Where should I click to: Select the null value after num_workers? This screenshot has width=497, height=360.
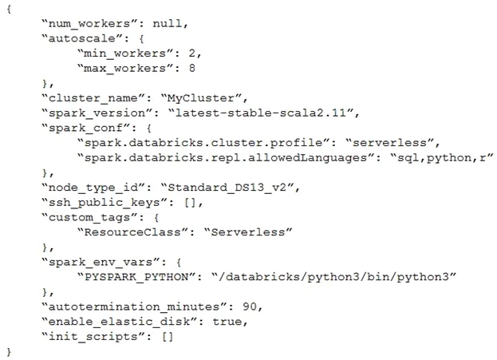pyautogui.click(x=168, y=23)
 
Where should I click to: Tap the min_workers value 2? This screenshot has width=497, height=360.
pyautogui.click(x=192, y=53)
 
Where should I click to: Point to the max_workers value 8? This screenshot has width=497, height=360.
pyautogui.click(x=192, y=68)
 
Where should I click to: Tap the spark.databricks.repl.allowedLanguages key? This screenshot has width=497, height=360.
pyautogui.click(x=226, y=157)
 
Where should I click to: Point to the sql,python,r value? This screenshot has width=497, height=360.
pyautogui.click(x=442, y=157)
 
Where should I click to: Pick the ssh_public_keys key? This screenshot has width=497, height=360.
pyautogui.click(x=105, y=203)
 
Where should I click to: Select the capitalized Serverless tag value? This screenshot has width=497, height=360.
pyautogui.click(x=248, y=231)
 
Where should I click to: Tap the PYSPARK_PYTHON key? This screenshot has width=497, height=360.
pyautogui.click(x=137, y=277)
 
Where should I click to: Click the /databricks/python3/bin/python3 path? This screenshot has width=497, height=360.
pyautogui.click(x=333, y=277)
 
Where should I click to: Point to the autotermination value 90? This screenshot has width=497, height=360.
pyautogui.click(x=250, y=307)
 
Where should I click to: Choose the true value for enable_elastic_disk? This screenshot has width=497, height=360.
pyautogui.click(x=227, y=322)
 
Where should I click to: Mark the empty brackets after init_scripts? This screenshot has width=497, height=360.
pyautogui.click(x=168, y=336)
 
